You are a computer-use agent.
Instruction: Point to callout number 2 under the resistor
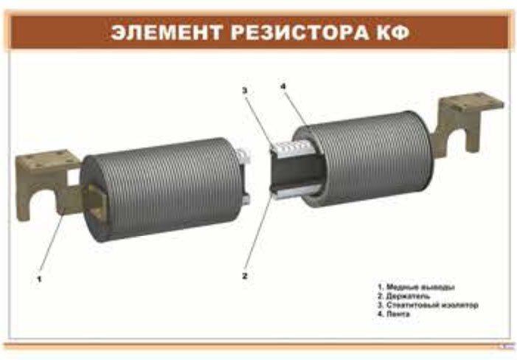[244, 276]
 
